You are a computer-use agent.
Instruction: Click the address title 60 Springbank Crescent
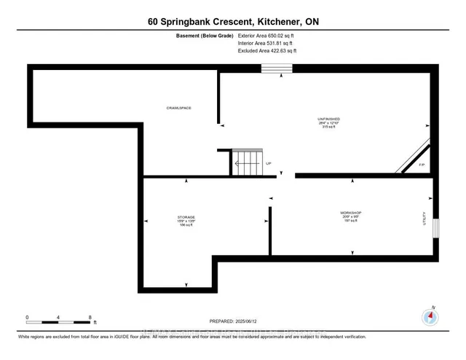tap(232, 22)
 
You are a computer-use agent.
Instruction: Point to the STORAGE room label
tap(186, 218)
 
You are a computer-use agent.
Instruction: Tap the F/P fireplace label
tap(421, 165)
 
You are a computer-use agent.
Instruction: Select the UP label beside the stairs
tap(268, 163)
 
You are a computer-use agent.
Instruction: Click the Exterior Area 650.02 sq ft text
tap(267, 35)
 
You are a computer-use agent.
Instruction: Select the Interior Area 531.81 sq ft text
tap(266, 44)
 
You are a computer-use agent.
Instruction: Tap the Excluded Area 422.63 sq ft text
tap(267, 52)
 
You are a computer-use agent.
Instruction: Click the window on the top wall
tap(277, 69)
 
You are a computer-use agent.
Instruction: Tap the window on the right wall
tap(435, 227)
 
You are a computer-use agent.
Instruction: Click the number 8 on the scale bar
tap(90, 318)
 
